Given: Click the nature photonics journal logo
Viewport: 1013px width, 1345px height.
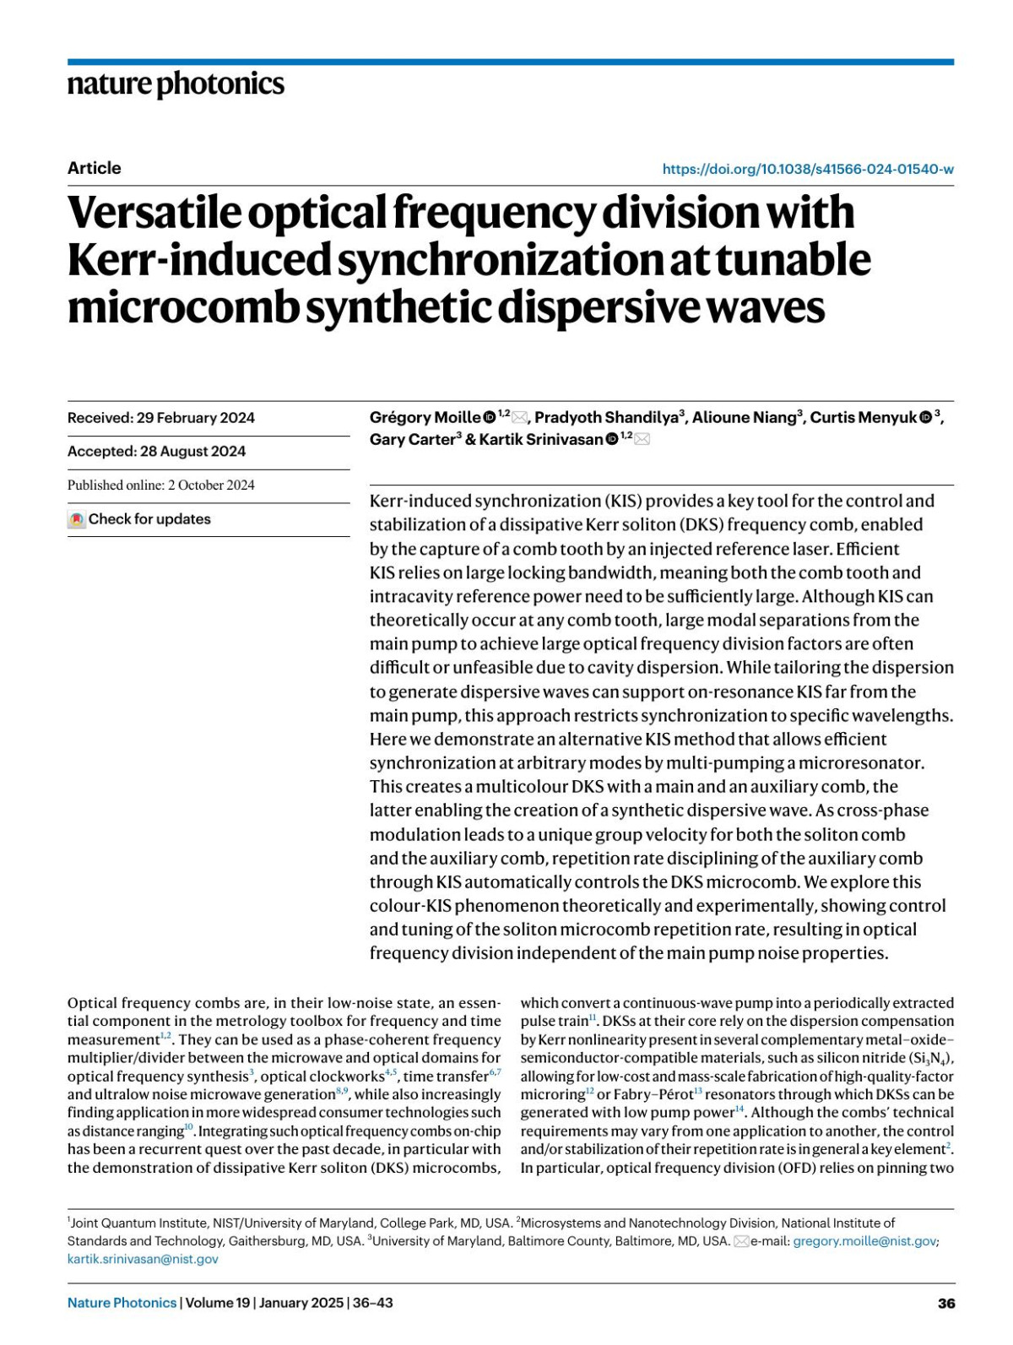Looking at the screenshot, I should click(176, 84).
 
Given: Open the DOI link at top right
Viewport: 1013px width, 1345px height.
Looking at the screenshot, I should click(807, 169).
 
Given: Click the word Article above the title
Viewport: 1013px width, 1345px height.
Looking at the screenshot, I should click(94, 168).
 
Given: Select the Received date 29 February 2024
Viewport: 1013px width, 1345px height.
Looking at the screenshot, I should click(160, 418).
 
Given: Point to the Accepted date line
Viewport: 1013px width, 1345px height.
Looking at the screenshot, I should click(156, 452).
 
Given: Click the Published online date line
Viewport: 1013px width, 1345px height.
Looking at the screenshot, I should click(160, 485).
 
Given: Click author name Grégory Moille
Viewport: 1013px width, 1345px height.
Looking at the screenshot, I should click(425, 418).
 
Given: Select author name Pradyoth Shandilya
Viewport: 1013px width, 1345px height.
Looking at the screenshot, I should click(606, 418).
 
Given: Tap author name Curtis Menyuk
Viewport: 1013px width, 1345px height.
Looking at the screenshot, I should click(863, 418).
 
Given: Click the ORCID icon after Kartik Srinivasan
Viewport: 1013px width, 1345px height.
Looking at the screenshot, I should click(612, 439).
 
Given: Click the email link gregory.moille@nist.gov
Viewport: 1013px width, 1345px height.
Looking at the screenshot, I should click(864, 1241).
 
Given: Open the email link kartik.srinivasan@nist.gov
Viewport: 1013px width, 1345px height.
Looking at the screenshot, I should click(143, 1259).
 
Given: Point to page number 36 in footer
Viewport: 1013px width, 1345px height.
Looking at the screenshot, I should click(945, 1304).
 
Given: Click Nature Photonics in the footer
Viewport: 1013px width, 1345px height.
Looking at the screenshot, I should click(122, 1303).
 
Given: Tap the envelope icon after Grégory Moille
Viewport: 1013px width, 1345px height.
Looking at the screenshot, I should click(519, 418).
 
